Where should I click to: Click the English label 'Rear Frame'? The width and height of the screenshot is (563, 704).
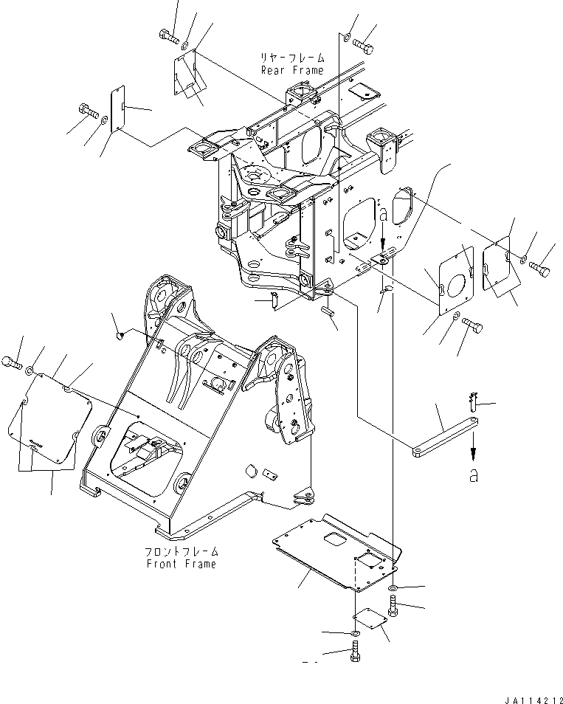[291, 70]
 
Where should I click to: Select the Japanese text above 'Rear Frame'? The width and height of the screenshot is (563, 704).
[293, 58]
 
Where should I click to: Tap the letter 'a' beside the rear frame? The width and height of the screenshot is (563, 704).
[383, 215]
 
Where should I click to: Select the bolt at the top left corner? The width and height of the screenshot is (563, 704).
[167, 35]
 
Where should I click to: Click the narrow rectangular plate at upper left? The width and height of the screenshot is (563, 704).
[116, 110]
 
